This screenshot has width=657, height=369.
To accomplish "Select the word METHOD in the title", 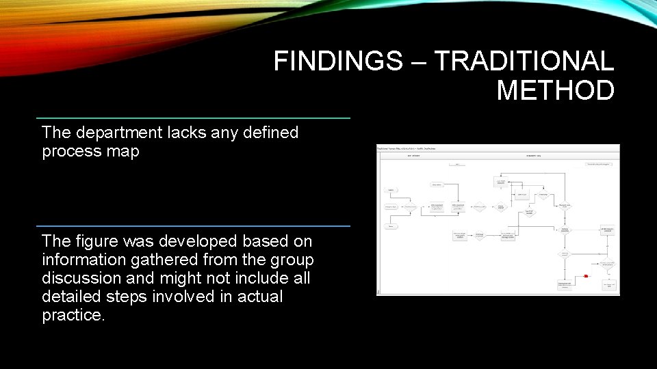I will tap(555, 90).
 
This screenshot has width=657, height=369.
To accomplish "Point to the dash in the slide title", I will tap(418, 62).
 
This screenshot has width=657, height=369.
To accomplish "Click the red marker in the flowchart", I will tap(586, 276).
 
